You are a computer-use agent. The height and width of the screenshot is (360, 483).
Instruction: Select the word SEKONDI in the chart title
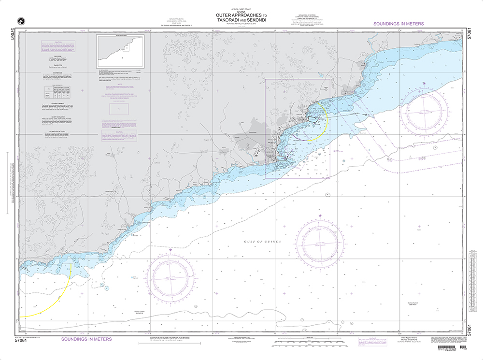click(257, 19)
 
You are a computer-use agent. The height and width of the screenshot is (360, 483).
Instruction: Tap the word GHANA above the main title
click(241, 12)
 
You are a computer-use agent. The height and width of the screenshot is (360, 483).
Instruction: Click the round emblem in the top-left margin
click(20, 21)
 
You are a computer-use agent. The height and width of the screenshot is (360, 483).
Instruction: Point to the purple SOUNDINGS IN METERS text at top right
click(398, 24)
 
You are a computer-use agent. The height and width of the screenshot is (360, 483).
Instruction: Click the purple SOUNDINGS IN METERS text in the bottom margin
click(86, 339)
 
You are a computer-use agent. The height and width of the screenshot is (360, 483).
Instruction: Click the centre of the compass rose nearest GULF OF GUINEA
click(319, 240)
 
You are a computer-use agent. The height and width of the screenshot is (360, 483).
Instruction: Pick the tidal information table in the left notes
click(57, 91)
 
